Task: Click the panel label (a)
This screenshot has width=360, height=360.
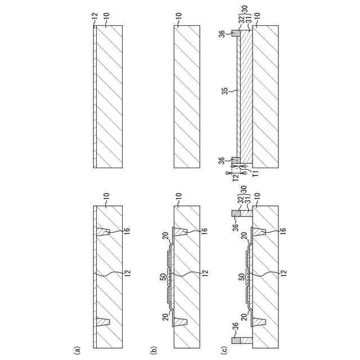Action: coord(78,350)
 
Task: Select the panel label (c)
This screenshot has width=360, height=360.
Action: coord(223,350)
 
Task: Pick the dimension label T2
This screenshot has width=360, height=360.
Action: coord(236,177)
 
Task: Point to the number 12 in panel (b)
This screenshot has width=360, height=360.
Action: coord(204,273)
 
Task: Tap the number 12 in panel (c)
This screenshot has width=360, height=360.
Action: coord(283,273)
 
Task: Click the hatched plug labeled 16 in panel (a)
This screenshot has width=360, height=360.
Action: coord(103,232)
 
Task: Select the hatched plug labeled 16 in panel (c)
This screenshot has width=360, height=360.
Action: coord(259,232)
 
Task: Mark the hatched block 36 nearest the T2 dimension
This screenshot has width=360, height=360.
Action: coord(236,160)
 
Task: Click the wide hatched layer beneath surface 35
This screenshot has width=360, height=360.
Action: coord(246,97)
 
